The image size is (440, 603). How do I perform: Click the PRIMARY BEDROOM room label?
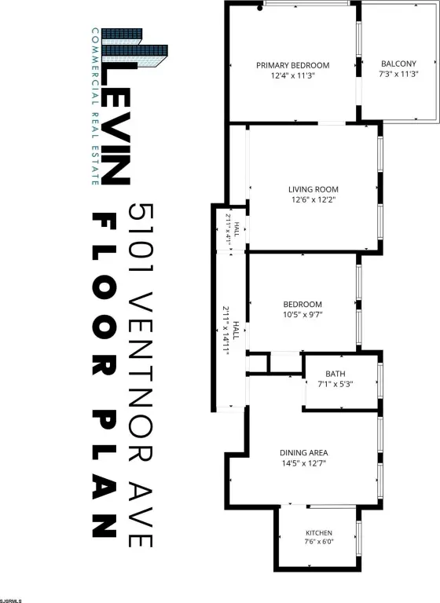[x=292, y=65]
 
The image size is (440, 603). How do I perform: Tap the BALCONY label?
[x=398, y=64]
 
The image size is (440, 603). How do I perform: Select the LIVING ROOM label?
[x=313, y=189]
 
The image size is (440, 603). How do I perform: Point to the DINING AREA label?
[x=304, y=452]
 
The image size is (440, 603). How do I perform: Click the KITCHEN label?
[x=319, y=533]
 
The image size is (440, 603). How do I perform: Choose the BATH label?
[x=335, y=374]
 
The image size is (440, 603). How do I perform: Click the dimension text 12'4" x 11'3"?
[x=292, y=75]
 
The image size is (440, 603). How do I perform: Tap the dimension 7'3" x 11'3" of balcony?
[x=398, y=74]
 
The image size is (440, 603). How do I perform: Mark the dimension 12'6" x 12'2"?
[x=313, y=199]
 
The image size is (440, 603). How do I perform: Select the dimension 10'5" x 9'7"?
[x=302, y=315]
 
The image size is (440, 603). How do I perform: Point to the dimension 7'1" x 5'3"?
[x=335, y=384]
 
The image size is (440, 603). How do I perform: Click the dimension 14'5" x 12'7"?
[x=304, y=463]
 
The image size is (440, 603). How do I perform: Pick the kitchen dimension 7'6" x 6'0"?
[x=319, y=542]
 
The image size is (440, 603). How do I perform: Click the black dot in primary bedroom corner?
[x=260, y=8]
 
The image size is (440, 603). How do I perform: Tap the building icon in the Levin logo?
[x=134, y=49]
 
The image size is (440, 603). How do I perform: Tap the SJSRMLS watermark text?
[x=11, y=601]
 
